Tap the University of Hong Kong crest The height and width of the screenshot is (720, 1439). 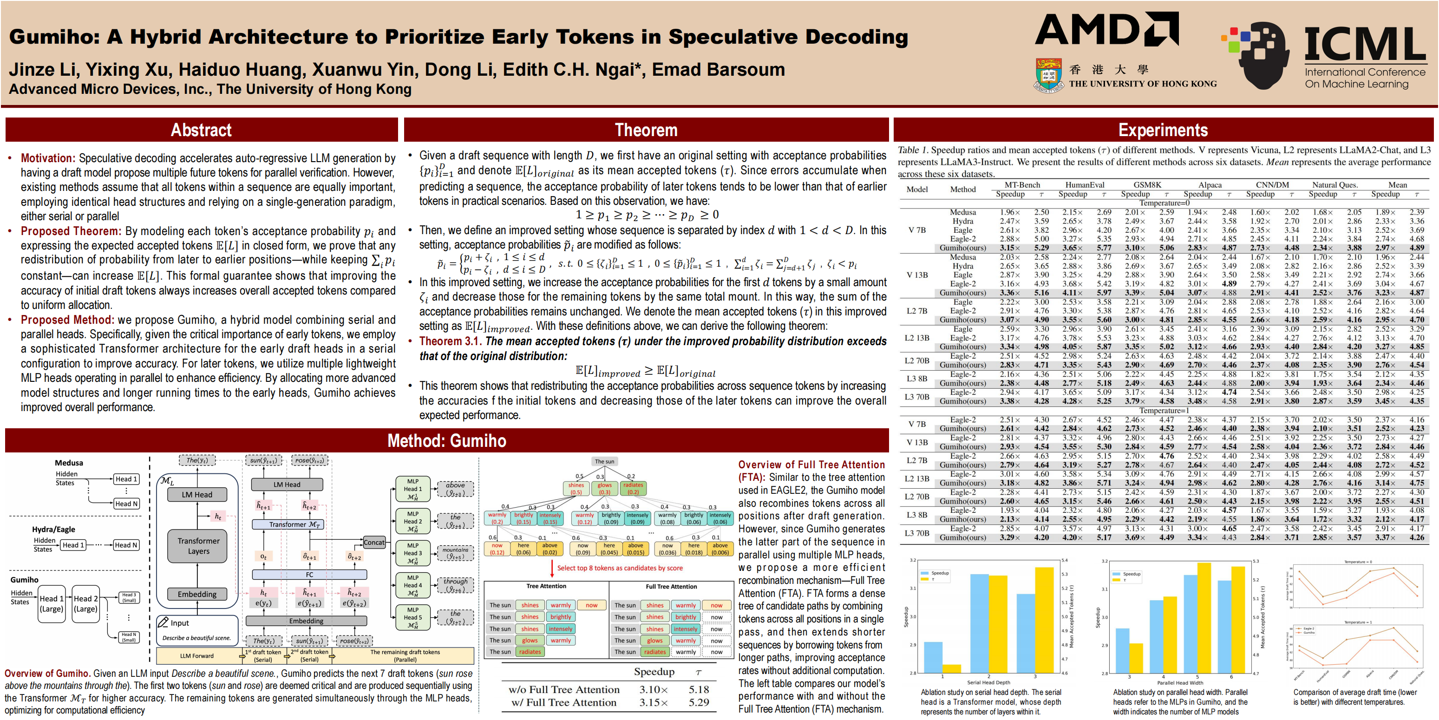click(1048, 74)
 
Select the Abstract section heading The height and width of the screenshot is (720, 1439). click(201, 130)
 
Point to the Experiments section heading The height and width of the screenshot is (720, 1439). click(1163, 130)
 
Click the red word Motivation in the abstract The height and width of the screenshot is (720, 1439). click(47, 158)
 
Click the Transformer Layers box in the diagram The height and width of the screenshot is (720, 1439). click(198, 546)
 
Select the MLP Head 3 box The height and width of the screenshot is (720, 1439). click(413, 553)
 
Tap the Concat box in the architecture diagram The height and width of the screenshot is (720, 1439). click(374, 542)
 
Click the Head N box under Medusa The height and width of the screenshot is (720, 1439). click(126, 503)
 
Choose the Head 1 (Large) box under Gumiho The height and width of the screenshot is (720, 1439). click(52, 603)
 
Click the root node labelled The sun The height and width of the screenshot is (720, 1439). click(604, 461)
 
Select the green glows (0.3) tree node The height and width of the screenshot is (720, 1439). click(604, 489)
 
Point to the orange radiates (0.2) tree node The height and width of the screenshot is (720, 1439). click(633, 489)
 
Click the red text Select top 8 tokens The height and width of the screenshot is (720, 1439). click(620, 568)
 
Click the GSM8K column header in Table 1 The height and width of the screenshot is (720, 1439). click(1147, 185)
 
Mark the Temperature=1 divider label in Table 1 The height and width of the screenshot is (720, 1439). click(1163, 411)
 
